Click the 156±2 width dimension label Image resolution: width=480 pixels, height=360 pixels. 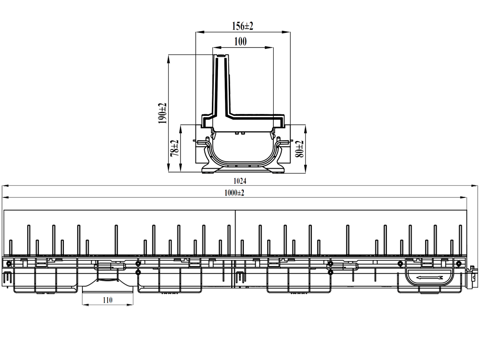click(x=242, y=26)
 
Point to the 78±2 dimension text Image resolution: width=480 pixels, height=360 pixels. click(x=174, y=149)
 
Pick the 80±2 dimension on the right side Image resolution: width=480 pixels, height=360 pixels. click(x=300, y=149)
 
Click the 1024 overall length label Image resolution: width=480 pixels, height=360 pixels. click(x=240, y=180)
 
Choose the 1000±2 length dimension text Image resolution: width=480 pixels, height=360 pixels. click(x=234, y=193)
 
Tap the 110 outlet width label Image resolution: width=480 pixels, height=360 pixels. click(x=107, y=300)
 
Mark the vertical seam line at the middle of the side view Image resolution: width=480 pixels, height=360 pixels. click(x=235, y=234)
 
